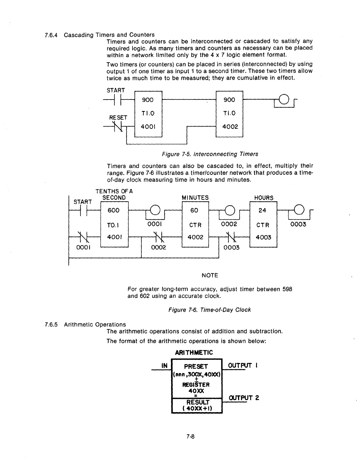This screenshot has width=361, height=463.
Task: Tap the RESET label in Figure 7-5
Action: (118, 118)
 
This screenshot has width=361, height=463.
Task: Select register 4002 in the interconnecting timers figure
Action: (230, 127)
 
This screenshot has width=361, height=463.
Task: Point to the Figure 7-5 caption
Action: (210, 154)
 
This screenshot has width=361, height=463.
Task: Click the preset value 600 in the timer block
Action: (114, 210)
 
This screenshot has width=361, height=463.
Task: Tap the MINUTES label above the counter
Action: (195, 198)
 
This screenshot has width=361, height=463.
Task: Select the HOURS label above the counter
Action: (264, 198)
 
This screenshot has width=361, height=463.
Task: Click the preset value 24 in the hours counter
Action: (262, 210)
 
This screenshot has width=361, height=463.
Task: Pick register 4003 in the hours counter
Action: (263, 237)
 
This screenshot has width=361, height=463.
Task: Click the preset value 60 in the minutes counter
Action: (194, 210)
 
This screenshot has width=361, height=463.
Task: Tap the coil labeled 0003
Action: (299, 209)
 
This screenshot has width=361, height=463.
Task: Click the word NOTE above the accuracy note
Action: (210, 275)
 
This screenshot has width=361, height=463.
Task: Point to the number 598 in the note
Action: (287, 289)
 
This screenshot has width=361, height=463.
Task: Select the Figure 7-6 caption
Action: (210, 310)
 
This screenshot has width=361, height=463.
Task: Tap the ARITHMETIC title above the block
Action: (194, 353)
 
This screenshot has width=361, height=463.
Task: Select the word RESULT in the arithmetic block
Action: (198, 402)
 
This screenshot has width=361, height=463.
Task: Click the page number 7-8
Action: (190, 437)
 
